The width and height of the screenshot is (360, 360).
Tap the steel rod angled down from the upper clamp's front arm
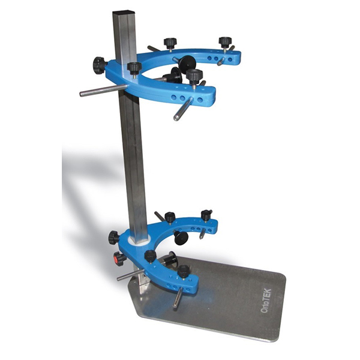183,109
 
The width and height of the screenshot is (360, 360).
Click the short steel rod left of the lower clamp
130,274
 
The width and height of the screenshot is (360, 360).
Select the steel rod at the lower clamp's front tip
178,298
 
